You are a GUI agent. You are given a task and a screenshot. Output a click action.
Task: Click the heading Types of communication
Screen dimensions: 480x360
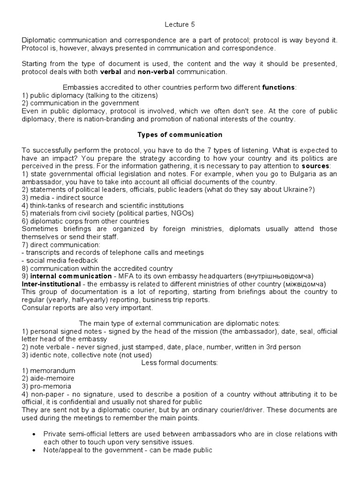tap(180, 135)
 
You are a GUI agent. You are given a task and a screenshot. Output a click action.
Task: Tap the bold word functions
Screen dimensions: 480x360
tap(278, 87)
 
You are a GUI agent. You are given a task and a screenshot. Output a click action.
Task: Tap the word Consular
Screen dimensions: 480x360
tap(36, 307)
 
